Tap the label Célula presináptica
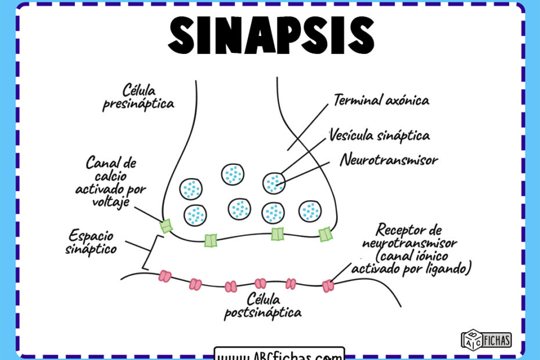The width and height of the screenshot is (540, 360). pyautogui.click(x=139, y=97)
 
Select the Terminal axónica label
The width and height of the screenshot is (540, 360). pyautogui.click(x=381, y=100)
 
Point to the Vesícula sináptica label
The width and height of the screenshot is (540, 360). pyautogui.click(x=379, y=135)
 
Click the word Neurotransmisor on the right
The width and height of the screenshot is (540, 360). pyautogui.click(x=389, y=159)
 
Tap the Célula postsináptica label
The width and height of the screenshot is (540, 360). pyautogui.click(x=263, y=306)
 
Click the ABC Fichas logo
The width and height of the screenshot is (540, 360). pyautogui.click(x=486, y=339)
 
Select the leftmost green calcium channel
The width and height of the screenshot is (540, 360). pyautogui.click(x=167, y=225)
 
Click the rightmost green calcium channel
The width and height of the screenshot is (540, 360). pyautogui.click(x=325, y=234)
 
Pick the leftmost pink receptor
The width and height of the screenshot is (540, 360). pyautogui.click(x=165, y=276)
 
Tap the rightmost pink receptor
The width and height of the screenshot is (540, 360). pyautogui.click(x=329, y=285)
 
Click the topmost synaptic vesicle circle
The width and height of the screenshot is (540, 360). pyautogui.click(x=232, y=174)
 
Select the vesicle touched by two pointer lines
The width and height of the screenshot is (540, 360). pyautogui.click(x=274, y=183)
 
